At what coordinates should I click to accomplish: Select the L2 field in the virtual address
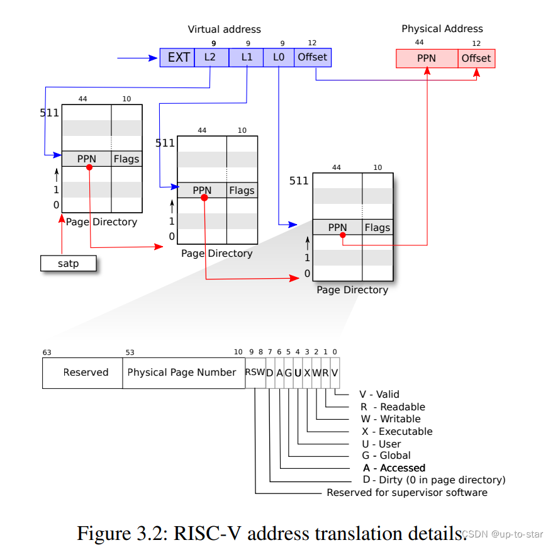point(210,58)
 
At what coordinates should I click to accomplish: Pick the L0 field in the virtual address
point(279,58)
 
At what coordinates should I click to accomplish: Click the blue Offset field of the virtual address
point(312,58)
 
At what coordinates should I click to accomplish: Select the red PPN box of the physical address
point(427,59)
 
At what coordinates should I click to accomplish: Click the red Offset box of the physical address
point(476,59)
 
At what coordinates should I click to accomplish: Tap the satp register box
point(69,263)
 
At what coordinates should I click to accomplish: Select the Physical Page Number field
point(182,373)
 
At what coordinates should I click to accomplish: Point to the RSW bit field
point(255,373)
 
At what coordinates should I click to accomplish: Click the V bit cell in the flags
point(335,373)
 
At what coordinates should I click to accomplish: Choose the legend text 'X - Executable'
point(397,432)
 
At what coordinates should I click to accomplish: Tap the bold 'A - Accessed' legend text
point(394,468)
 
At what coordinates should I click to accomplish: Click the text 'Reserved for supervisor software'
point(407,493)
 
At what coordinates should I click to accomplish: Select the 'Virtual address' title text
point(224,30)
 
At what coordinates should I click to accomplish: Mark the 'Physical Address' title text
point(442,29)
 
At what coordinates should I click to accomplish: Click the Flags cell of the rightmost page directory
point(377,228)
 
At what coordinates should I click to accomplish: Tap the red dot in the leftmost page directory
point(89,167)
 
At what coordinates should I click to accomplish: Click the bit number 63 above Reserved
point(47,353)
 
